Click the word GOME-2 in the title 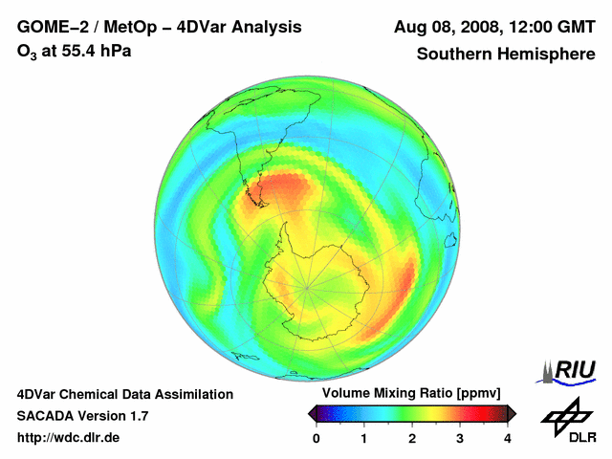(50, 27)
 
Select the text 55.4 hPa (95, 50)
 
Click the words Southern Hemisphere (506, 55)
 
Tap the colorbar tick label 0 (317, 438)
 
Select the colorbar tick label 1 (364, 438)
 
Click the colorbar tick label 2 (412, 438)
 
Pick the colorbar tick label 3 (460, 438)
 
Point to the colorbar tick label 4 (508, 438)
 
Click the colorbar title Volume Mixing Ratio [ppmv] (411, 393)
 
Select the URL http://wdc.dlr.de (69, 438)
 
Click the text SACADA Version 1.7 (82, 416)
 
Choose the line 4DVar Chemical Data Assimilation (124, 394)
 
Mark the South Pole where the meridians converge (308, 286)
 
